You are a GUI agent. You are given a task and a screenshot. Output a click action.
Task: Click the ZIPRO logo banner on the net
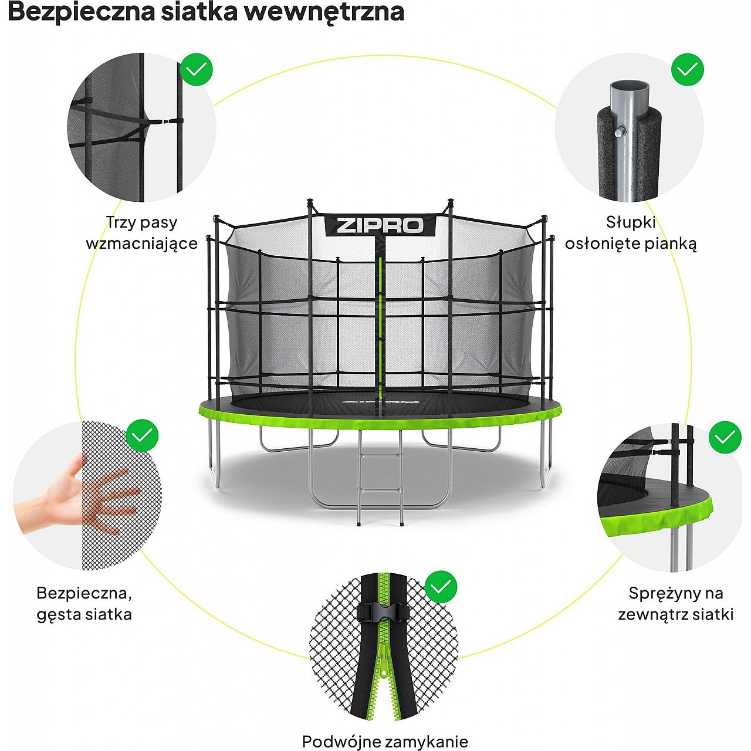point(380,225)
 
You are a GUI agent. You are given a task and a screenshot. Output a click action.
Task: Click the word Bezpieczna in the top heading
point(80,12)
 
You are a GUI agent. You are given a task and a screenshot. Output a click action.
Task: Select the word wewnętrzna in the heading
point(324,12)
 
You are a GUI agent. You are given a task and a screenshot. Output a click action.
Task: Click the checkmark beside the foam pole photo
point(687,70)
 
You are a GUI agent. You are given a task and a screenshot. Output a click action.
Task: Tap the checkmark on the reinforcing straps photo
point(197,70)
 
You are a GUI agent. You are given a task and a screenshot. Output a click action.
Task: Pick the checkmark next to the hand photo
point(142,435)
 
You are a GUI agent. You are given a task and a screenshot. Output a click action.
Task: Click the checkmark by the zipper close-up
point(441,587)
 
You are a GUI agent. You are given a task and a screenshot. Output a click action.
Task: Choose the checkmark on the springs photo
point(725,437)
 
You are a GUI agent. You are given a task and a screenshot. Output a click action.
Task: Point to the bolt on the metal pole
point(618,133)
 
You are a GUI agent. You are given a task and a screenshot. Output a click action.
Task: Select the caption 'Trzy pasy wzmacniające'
point(142,233)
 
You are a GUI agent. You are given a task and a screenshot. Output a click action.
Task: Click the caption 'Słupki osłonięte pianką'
point(631,233)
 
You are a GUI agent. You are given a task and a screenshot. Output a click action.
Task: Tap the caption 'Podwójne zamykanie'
point(385,730)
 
